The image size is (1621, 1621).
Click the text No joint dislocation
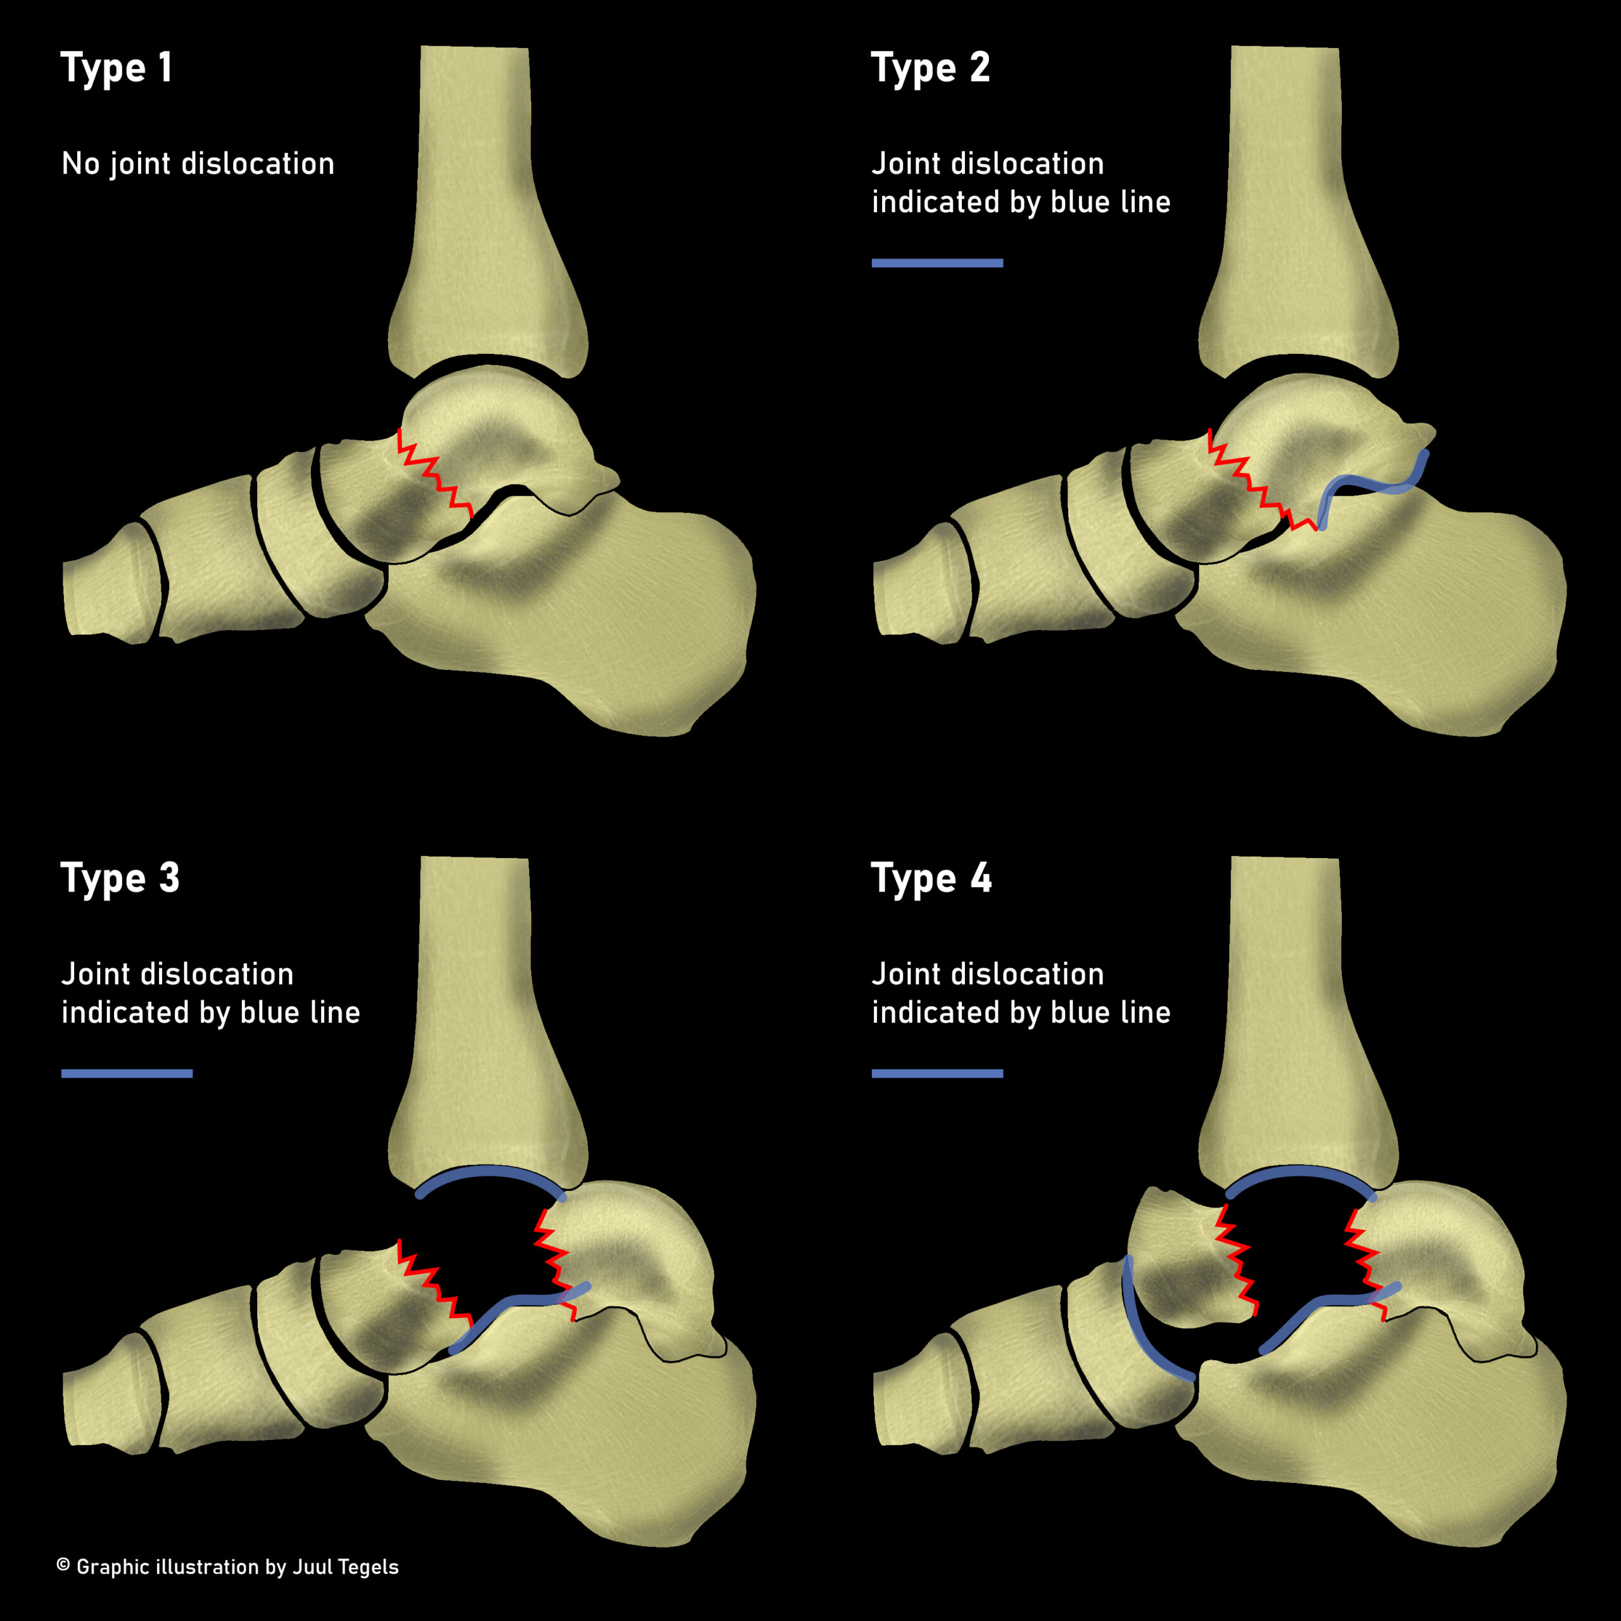coord(198,163)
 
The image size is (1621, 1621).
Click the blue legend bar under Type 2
coord(937,263)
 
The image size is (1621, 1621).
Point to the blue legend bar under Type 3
coord(127,1074)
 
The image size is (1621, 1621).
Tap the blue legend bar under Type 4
coord(937,1074)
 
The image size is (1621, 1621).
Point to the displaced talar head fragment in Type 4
coord(1183,1259)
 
